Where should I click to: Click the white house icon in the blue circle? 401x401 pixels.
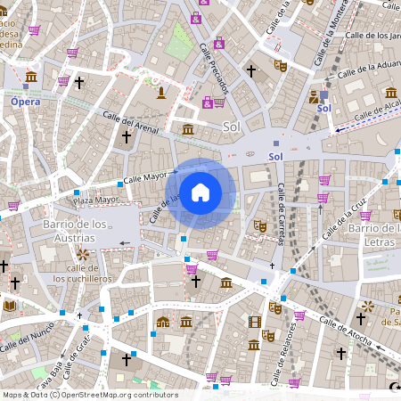click(x=200, y=192)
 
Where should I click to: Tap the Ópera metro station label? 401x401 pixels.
click(x=25, y=102)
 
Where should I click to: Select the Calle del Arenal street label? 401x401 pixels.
click(x=130, y=123)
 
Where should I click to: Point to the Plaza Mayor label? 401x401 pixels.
click(x=95, y=200)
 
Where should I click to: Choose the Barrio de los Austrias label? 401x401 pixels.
click(x=76, y=231)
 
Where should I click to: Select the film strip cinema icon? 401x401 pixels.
click(x=256, y=322)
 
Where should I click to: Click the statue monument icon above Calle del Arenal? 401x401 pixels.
click(x=160, y=92)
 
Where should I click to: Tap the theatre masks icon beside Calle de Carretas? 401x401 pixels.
click(x=260, y=226)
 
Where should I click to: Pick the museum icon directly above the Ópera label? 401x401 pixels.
click(x=31, y=77)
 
